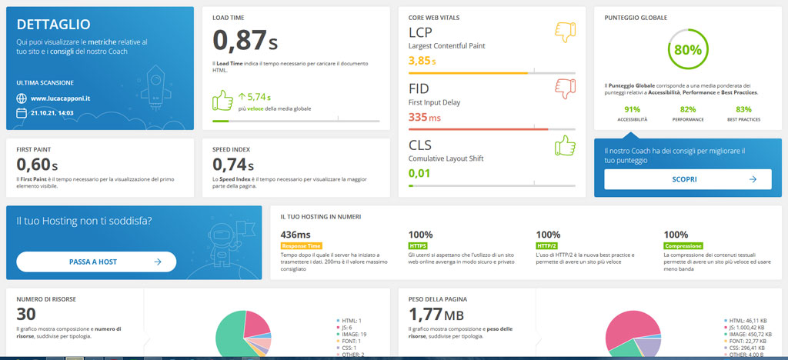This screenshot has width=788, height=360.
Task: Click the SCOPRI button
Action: [687, 179]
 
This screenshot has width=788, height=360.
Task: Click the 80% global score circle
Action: [688, 50]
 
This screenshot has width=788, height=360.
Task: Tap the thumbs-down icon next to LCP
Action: [566, 32]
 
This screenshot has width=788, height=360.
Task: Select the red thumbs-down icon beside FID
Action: [566, 88]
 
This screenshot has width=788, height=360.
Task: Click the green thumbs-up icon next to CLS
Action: [566, 145]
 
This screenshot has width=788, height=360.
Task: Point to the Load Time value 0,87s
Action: [245, 40]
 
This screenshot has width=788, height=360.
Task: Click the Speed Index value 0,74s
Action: [233, 164]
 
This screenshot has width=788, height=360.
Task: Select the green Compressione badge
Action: [683, 246]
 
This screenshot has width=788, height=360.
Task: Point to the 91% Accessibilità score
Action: [632, 109]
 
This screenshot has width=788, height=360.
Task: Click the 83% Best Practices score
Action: [743, 109]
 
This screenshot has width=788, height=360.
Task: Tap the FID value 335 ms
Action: [425, 117]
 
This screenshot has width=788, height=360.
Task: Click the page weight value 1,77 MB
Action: [436, 314]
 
